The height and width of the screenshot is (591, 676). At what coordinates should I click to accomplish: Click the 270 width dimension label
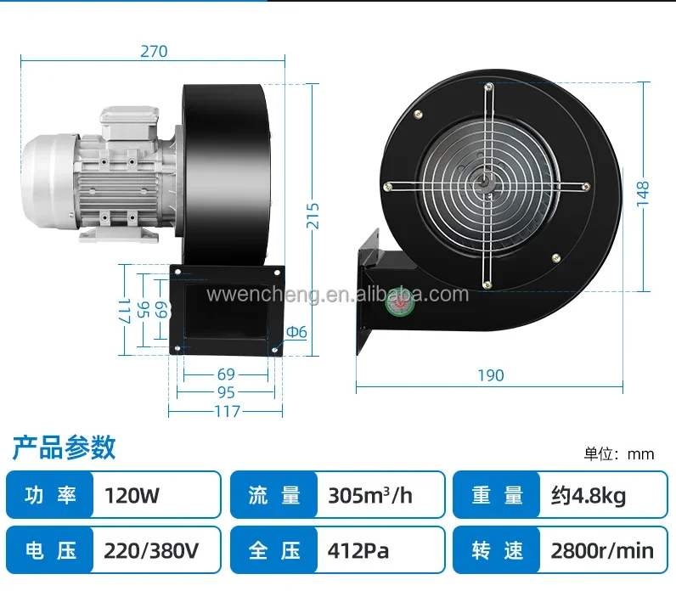(154, 51)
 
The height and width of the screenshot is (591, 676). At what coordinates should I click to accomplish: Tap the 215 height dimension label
(313, 216)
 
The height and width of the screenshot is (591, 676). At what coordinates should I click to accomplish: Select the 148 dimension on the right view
(642, 194)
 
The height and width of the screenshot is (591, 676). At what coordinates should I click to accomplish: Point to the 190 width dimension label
(491, 375)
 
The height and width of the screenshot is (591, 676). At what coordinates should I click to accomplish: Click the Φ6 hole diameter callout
(296, 332)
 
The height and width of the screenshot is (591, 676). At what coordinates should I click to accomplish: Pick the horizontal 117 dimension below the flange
(228, 411)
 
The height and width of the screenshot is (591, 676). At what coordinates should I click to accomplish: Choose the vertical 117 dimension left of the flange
(124, 311)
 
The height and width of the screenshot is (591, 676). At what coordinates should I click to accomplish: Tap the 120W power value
(132, 495)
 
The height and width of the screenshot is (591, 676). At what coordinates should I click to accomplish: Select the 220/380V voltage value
(151, 550)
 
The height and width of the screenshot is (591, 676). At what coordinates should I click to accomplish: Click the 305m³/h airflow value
(370, 495)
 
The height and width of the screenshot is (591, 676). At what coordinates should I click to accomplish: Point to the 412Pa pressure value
(358, 550)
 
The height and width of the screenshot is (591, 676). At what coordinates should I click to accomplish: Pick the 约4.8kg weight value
(588, 496)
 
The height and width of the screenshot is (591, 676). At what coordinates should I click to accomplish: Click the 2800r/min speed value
(602, 550)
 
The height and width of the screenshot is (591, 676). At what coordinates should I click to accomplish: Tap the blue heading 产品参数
(64, 447)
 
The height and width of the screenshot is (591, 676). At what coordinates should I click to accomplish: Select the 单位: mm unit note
(618, 454)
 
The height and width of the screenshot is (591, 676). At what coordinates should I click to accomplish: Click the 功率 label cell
(50, 495)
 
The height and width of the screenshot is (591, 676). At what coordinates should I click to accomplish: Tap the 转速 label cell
(497, 550)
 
